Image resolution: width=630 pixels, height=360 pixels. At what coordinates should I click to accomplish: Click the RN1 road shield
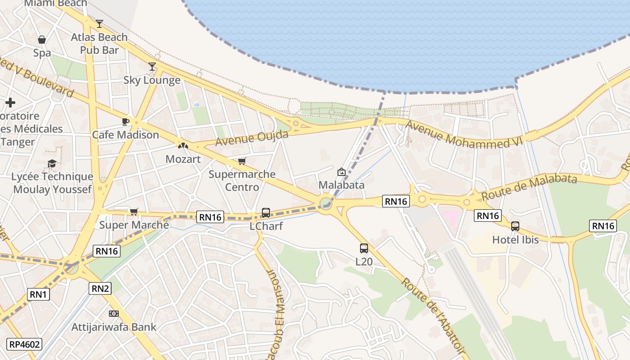pos(39,295)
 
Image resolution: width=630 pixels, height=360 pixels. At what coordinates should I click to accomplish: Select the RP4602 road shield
pos(25,345)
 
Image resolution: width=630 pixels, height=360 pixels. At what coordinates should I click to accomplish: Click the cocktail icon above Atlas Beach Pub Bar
pos(99,23)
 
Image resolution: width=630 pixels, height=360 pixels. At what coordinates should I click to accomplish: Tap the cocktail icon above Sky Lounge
pos(152,67)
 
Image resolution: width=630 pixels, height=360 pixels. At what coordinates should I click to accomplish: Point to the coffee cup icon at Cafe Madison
pos(126,121)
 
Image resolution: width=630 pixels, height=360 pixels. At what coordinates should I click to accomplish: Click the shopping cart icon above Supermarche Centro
pos(242,161)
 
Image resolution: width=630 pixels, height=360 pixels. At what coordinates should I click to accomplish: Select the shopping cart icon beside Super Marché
pos(134,211)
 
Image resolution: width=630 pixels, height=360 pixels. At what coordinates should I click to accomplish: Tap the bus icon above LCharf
pos(266,212)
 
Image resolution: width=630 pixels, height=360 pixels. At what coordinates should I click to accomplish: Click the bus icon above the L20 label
pos(364,248)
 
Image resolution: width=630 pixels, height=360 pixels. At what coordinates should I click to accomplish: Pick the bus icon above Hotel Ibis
pos(515,226)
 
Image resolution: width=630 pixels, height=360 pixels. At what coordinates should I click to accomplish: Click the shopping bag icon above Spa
pos(42,40)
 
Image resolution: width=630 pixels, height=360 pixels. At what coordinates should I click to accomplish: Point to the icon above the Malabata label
pos(341,171)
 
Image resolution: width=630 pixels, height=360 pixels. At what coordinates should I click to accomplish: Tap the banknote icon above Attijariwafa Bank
pos(114,314)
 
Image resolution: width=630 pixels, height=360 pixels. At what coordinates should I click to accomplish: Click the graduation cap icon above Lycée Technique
pos(52,163)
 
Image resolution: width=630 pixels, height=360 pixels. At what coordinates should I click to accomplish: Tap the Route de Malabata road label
pos(529,187)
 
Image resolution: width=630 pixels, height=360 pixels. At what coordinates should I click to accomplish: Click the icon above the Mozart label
pos(183,146)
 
